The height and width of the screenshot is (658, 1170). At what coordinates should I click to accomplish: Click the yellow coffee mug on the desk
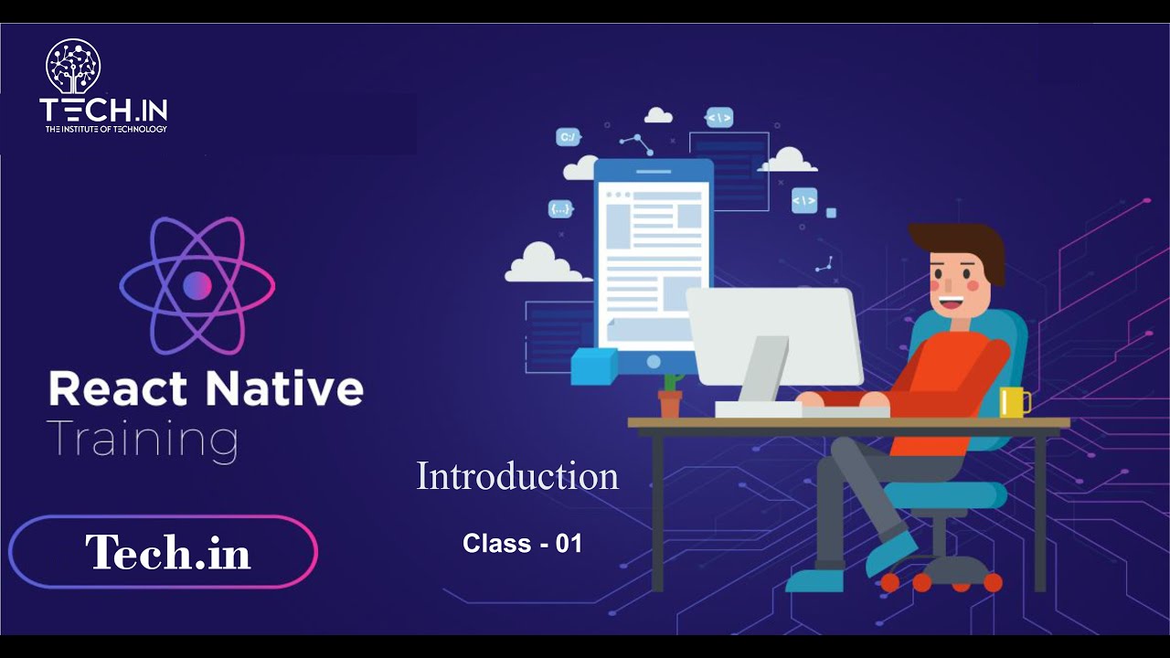[x=1013, y=402]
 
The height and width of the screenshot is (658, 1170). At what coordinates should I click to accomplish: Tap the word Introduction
[x=517, y=476]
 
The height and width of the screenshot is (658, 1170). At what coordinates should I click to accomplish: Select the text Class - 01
[x=522, y=544]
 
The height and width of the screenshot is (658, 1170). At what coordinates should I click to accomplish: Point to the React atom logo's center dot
[x=197, y=286]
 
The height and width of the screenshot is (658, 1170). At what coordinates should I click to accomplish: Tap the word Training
[x=143, y=440]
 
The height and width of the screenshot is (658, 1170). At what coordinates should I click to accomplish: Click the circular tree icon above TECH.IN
[x=73, y=66]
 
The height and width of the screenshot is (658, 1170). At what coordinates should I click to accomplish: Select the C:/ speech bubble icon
[x=568, y=138]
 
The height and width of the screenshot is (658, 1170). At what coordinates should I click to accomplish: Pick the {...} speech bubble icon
[x=560, y=209]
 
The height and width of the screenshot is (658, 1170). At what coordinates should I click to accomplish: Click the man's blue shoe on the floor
[x=814, y=579]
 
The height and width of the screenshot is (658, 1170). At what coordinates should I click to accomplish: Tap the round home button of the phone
[x=653, y=362]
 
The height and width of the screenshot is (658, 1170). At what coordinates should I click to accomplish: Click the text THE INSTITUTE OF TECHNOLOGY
[x=106, y=129]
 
